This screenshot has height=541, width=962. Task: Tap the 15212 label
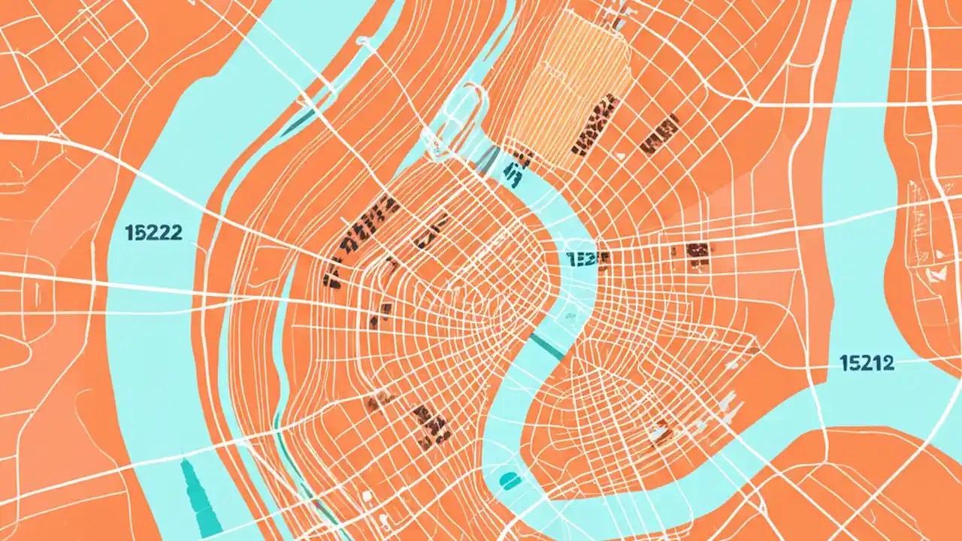click(x=867, y=364)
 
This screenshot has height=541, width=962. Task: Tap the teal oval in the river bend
click(x=510, y=480)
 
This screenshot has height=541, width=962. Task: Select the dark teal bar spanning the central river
click(x=547, y=346)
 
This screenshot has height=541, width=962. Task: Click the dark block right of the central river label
click(x=700, y=255)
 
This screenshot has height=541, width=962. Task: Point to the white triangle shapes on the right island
click(x=936, y=274)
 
